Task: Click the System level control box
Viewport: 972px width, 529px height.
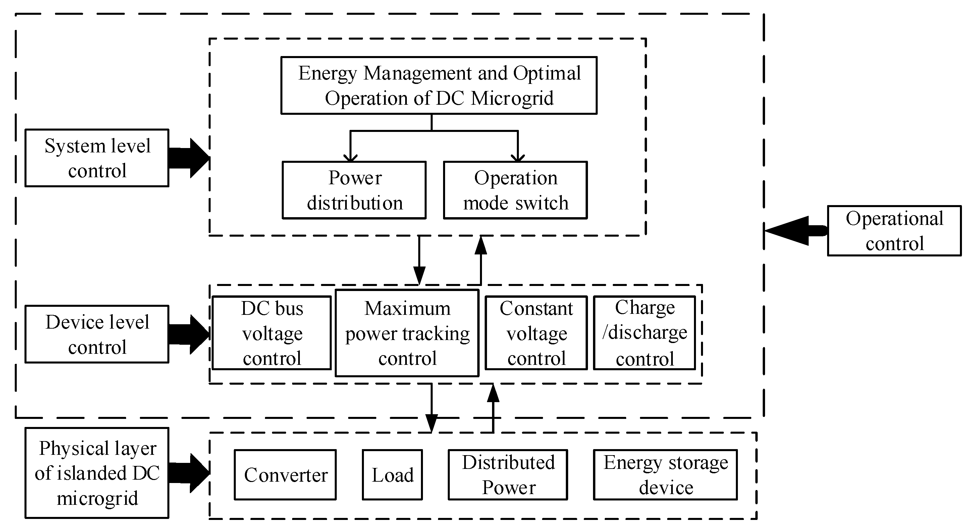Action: tap(97, 158)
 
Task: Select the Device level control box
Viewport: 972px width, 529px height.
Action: tap(97, 334)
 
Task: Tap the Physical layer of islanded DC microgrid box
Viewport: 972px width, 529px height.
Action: tap(97, 473)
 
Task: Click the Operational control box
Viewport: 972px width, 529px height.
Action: tap(894, 231)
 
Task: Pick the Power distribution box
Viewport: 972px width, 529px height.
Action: tap(354, 190)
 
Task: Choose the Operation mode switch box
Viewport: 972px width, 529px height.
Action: tap(515, 190)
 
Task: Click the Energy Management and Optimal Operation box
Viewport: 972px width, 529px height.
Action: tap(439, 85)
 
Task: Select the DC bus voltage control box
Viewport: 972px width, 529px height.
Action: tap(272, 333)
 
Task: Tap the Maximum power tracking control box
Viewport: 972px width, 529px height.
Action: tap(407, 333)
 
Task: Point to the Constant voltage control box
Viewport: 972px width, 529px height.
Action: tap(536, 333)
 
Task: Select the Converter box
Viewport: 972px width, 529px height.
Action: tap(285, 475)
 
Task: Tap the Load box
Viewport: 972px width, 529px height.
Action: tap(392, 475)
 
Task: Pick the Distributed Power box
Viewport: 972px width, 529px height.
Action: tap(508, 475)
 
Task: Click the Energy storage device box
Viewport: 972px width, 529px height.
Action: tap(665, 475)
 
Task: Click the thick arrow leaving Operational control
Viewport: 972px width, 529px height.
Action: tap(792, 231)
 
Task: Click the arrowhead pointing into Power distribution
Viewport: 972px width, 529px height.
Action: tap(350, 157)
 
